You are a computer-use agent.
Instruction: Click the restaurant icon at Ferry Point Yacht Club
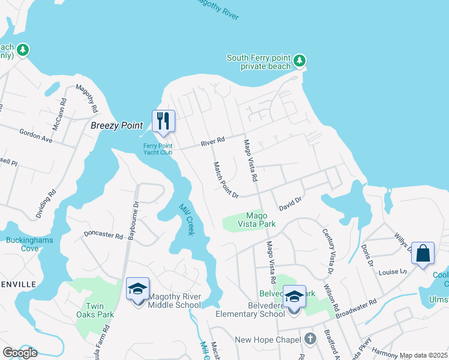tap(163, 121)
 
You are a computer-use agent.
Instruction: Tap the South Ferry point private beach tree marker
tap(300, 61)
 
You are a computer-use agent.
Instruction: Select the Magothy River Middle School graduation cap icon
tap(137, 289)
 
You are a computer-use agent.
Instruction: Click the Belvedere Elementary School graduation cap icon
tap(294, 296)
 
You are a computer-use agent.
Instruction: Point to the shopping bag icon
tap(423, 253)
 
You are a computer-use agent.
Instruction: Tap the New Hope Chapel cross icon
tap(310, 339)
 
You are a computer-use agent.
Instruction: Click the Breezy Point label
tap(116, 125)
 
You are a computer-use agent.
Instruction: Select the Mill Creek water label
tap(187, 219)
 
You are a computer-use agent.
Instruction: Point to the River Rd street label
tap(212, 142)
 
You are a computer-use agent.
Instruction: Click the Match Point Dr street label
tap(226, 180)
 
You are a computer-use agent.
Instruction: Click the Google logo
tap(20, 352)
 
